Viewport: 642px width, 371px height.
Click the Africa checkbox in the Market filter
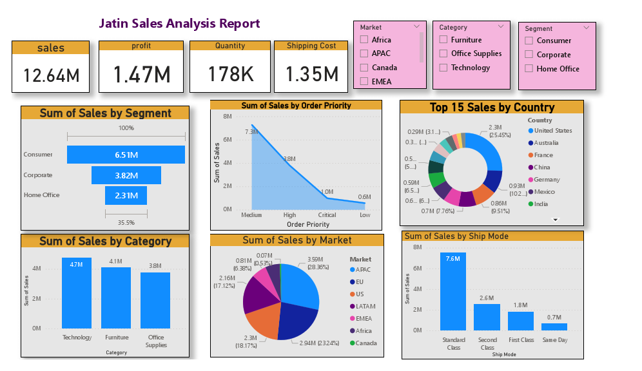(364, 40)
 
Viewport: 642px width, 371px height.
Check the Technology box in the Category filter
(443, 68)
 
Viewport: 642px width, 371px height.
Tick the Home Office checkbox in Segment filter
(529, 69)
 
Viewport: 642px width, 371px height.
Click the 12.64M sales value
(51, 75)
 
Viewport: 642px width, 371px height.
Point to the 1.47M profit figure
(142, 75)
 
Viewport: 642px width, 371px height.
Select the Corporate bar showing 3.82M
(126, 175)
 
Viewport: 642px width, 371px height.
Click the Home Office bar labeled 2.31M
(126, 195)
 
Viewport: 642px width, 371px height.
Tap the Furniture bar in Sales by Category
(116, 298)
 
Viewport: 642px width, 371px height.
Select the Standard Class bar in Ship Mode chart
(452, 291)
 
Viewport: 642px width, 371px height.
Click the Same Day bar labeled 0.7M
(554, 327)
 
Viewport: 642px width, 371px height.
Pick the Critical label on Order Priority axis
(327, 215)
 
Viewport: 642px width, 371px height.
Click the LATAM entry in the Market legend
(365, 307)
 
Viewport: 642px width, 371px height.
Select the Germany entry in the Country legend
(547, 180)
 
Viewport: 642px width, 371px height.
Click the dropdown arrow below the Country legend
(555, 220)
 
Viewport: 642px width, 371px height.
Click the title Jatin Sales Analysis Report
(179, 24)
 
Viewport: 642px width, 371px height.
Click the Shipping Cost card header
(311, 46)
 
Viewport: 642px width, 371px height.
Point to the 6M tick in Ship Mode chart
(417, 269)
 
